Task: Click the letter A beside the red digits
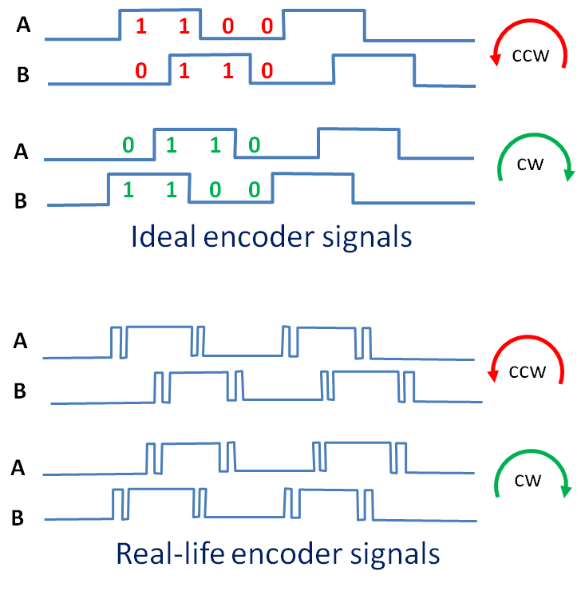pyautogui.click(x=23, y=25)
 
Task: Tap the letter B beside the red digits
pyautogui.click(x=23, y=74)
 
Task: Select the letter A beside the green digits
pyautogui.click(x=22, y=152)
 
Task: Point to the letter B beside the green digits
pyautogui.click(x=21, y=200)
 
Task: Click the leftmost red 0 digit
pyautogui.click(x=141, y=70)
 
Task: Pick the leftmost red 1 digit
pyautogui.click(x=141, y=26)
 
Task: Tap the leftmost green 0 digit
pyautogui.click(x=128, y=145)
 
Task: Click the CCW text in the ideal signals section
pyautogui.click(x=530, y=56)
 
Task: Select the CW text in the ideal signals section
pyautogui.click(x=530, y=165)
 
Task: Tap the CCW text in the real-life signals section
pyautogui.click(x=528, y=372)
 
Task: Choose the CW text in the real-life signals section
pyautogui.click(x=528, y=481)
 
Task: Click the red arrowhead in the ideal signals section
pyautogui.click(x=496, y=60)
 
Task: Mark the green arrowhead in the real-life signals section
pyautogui.click(x=566, y=490)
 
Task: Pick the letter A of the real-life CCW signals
pyautogui.click(x=21, y=341)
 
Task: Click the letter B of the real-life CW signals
pyautogui.click(x=18, y=518)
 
